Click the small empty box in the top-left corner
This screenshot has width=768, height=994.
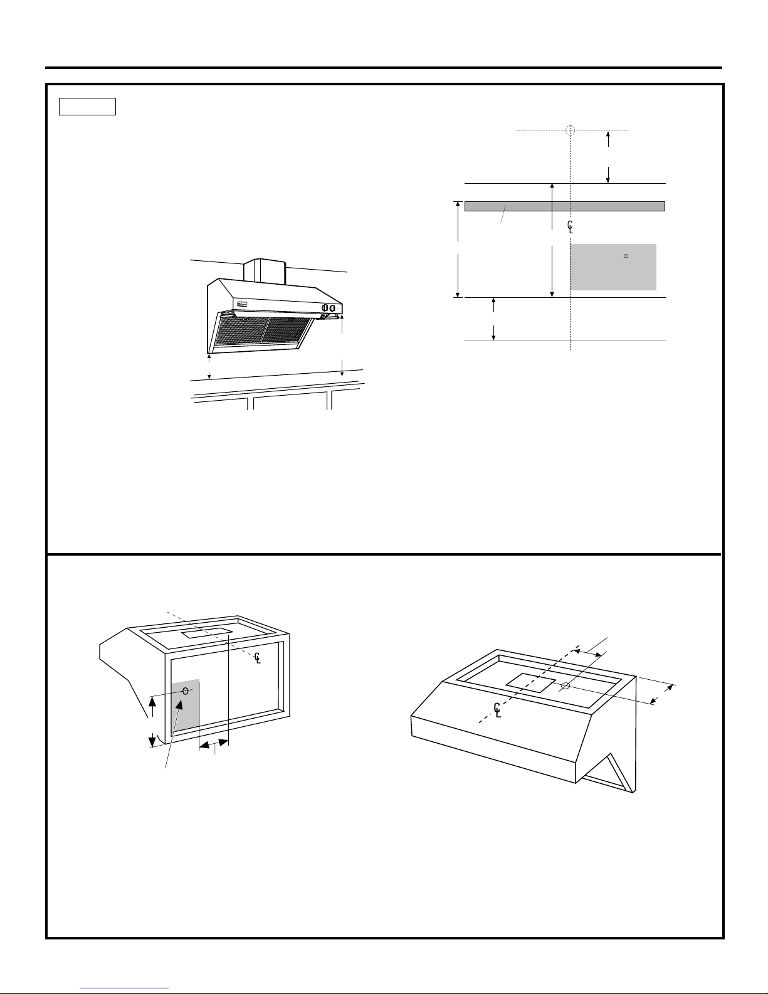click(87, 107)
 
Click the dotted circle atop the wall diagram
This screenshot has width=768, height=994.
click(569, 130)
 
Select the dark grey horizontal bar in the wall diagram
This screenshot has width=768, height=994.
click(564, 206)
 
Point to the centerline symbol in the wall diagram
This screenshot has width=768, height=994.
click(570, 226)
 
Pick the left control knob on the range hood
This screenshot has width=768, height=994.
click(325, 308)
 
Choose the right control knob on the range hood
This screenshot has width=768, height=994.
click(333, 308)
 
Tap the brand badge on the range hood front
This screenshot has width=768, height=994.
click(243, 306)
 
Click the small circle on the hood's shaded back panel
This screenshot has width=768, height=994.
click(186, 691)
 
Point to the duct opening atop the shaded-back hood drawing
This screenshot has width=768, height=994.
click(208, 633)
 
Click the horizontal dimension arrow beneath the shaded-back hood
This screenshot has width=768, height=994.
click(214, 744)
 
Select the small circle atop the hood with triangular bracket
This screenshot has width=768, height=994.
click(564, 685)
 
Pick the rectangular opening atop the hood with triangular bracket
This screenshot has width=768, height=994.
click(530, 683)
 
